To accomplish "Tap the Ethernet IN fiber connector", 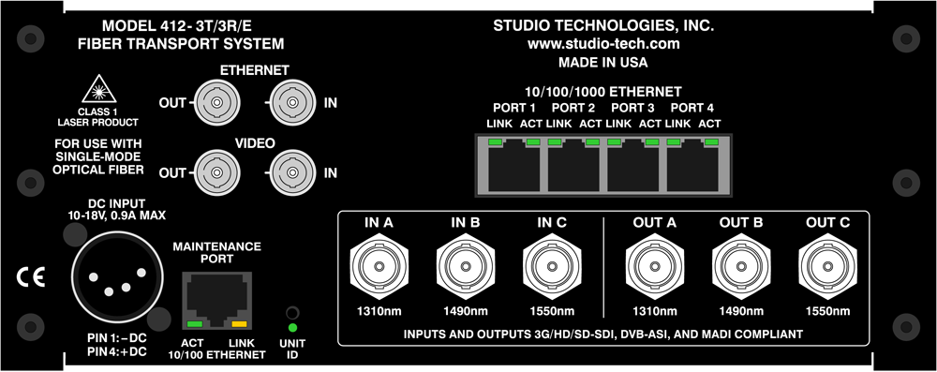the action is click(291, 102).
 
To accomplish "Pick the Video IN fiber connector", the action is click(291, 171).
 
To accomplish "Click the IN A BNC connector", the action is click(379, 267).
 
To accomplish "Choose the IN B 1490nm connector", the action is click(466, 267).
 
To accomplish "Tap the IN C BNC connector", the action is click(552, 267).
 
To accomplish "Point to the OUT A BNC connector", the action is click(655, 267).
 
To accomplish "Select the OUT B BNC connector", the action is click(741, 267).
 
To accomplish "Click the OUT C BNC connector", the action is click(828, 267).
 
